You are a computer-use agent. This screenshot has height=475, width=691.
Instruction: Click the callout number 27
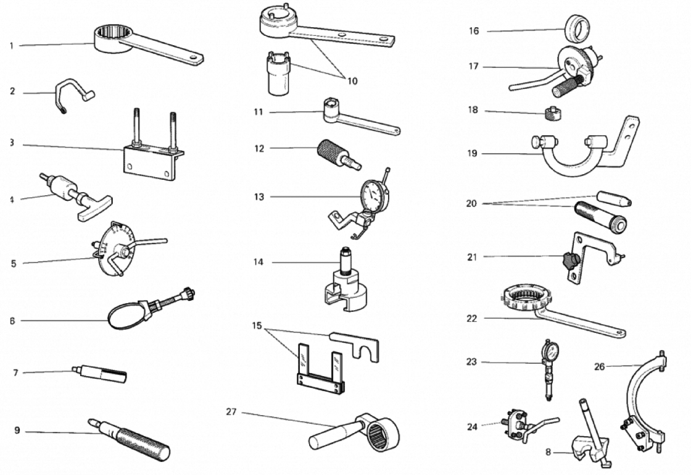[x=231, y=412]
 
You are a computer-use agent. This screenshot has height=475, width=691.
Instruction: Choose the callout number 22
[x=472, y=319]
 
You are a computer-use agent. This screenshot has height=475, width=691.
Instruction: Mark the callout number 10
[x=352, y=80]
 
